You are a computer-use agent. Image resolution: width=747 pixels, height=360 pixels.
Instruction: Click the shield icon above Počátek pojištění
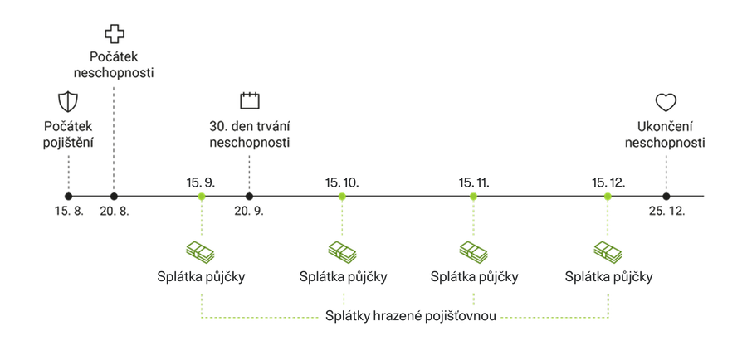click(x=68, y=102)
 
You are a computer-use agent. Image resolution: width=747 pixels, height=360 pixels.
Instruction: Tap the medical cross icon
click(x=112, y=33)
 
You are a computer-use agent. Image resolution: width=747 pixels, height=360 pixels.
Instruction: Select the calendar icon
click(x=249, y=100)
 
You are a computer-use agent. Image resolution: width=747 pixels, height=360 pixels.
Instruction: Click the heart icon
click(x=666, y=101)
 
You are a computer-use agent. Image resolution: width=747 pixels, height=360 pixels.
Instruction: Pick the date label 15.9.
click(x=200, y=182)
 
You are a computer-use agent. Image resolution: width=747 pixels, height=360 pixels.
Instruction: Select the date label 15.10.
click(x=341, y=182)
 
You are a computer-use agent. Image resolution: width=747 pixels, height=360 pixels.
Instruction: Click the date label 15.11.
click(x=473, y=182)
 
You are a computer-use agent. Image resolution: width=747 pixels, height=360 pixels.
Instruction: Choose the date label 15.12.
click(x=608, y=182)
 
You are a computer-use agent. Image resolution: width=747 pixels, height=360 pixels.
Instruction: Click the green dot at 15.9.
click(x=200, y=196)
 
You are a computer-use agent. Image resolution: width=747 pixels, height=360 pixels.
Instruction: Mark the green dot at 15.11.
click(x=473, y=196)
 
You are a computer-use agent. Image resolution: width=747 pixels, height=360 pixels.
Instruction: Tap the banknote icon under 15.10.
click(x=341, y=249)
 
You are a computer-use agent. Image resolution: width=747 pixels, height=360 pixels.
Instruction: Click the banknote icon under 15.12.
click(x=608, y=249)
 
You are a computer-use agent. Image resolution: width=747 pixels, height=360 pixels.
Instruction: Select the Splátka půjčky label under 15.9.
click(x=200, y=276)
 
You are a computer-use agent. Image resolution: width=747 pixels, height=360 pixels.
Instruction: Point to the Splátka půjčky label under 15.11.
click(x=474, y=276)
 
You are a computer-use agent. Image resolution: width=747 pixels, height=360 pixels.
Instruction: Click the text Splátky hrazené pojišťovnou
click(x=411, y=317)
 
